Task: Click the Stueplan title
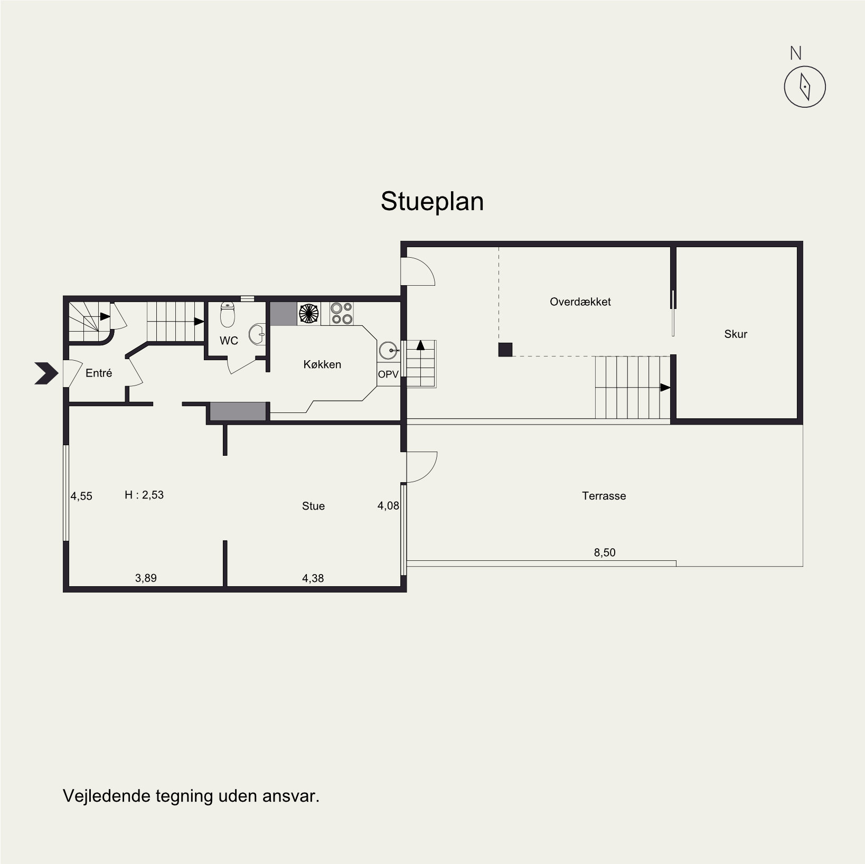[x=432, y=202]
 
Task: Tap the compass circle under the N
[x=785, y=87]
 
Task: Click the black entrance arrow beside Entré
[x=46, y=373]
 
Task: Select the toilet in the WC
[x=228, y=314]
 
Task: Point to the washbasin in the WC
[x=257, y=334]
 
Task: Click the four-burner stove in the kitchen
[x=342, y=313]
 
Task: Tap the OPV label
[x=388, y=374]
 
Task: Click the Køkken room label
[x=322, y=364]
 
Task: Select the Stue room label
[x=313, y=506]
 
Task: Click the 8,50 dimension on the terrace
[x=605, y=552]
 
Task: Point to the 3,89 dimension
[x=146, y=578]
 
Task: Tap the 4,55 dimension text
[x=82, y=496]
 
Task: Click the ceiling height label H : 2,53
[x=144, y=495]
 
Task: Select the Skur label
[x=736, y=334]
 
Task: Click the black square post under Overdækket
[x=505, y=350]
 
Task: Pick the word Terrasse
[x=604, y=496]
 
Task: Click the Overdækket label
[x=580, y=302]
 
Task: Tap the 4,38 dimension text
[x=313, y=578]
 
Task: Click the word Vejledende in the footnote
[x=107, y=796]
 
